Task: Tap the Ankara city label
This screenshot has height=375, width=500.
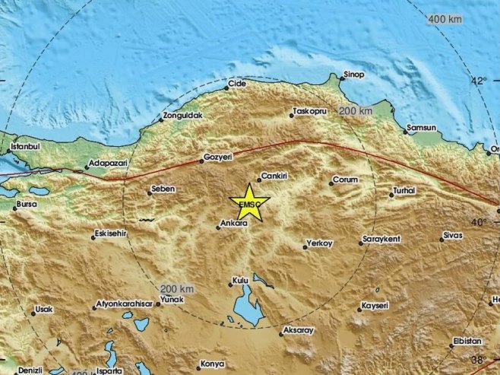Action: (232, 224)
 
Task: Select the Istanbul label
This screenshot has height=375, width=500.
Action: (23, 145)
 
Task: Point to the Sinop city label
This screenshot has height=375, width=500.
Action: (355, 74)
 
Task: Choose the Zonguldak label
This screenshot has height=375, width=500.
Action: (182, 116)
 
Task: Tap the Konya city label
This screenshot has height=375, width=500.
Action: (212, 364)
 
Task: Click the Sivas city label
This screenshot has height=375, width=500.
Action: (453, 237)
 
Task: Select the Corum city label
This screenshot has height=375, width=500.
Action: (344, 181)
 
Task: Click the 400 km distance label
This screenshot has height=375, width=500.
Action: (445, 18)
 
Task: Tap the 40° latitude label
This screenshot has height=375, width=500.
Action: (479, 222)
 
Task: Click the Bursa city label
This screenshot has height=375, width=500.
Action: (26, 205)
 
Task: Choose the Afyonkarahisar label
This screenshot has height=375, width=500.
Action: (124, 307)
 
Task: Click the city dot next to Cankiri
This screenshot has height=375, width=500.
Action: (258, 180)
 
